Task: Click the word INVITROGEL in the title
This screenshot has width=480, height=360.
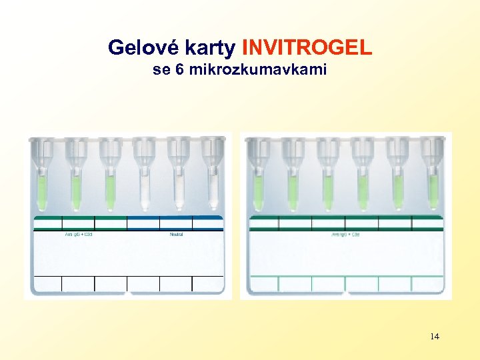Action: tap(307, 48)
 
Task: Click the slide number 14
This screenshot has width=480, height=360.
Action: tap(435, 336)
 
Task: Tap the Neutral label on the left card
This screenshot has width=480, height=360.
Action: tap(177, 234)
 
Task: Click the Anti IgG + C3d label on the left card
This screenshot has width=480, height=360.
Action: tap(78, 234)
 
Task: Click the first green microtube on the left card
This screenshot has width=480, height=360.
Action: tap(41, 180)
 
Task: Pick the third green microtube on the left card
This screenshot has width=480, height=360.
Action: tap(110, 180)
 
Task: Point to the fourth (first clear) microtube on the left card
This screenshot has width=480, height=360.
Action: tap(144, 180)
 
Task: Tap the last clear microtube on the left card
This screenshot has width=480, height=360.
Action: tap(213, 180)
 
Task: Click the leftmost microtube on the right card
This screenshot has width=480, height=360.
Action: tap(258, 180)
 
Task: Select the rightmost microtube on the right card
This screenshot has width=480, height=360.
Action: tap(433, 180)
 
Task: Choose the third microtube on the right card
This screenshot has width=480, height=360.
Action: tap(327, 180)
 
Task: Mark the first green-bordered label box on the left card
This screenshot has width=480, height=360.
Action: tap(46, 223)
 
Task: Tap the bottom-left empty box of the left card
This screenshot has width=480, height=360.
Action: tap(46, 283)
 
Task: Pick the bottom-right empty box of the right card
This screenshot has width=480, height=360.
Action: tap(427, 283)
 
